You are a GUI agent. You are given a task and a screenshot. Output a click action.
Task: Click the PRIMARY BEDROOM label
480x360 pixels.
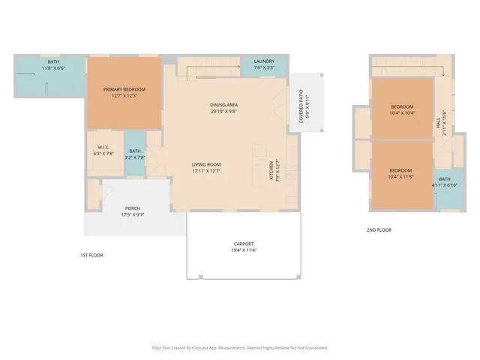124,89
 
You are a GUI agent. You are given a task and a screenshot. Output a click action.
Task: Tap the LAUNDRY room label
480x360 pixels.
264,61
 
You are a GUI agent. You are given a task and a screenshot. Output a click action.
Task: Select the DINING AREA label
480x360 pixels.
223,105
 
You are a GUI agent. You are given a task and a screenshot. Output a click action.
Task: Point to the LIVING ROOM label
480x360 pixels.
205,164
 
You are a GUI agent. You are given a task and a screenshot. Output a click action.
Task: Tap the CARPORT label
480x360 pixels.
243,244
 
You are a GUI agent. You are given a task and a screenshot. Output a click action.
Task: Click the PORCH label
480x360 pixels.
133,208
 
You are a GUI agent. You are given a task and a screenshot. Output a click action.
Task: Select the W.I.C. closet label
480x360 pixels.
103,147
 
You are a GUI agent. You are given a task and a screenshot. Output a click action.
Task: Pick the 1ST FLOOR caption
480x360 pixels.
91,255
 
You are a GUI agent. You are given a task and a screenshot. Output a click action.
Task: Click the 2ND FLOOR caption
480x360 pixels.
379,230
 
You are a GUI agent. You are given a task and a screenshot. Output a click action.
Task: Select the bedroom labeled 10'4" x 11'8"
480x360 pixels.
401,170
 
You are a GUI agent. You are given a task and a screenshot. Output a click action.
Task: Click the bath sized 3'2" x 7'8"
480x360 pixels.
135,151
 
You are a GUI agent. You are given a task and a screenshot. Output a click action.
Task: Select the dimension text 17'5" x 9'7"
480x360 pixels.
133,214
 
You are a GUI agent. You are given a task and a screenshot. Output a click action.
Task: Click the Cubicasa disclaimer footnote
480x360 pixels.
240,348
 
